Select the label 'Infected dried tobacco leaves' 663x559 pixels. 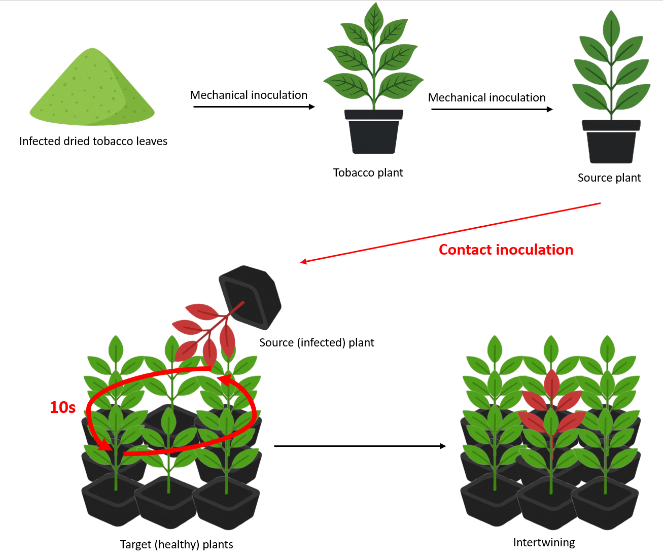point(93,141)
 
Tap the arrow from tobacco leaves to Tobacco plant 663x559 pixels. point(254,107)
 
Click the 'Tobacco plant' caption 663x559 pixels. point(368,172)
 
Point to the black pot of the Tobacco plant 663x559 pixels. point(374,133)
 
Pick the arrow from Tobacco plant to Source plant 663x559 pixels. point(491,109)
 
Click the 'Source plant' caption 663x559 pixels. point(609,178)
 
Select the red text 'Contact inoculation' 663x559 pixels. point(506,250)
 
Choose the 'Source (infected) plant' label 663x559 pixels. point(317,342)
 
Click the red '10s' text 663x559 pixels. point(62,407)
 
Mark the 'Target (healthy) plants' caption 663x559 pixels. point(177,544)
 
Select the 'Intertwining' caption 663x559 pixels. point(544,542)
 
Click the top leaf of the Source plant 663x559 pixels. point(611,28)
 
